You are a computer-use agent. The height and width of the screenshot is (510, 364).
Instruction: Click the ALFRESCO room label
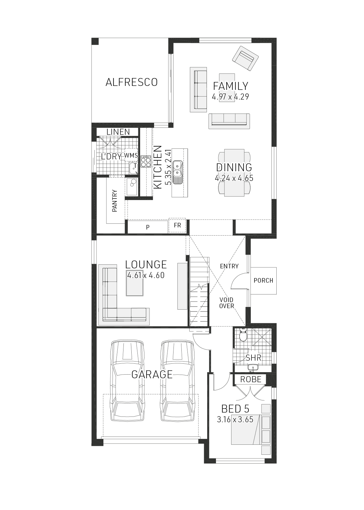pyautogui.click(x=132, y=82)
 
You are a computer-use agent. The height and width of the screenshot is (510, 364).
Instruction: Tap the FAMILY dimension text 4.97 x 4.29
pyautogui.click(x=231, y=97)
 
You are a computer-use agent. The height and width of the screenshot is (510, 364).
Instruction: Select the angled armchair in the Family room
pyautogui.click(x=245, y=58)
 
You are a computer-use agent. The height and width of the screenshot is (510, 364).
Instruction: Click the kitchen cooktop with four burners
pyautogui.click(x=146, y=161)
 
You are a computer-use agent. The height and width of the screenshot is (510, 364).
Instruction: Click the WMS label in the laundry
pyautogui.click(x=131, y=155)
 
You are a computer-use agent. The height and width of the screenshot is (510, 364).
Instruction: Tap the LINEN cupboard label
pyautogui.click(x=118, y=132)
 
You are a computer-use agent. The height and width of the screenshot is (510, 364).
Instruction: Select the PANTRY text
pyautogui.click(x=115, y=201)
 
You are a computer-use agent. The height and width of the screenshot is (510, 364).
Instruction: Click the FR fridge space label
pyautogui.click(x=177, y=225)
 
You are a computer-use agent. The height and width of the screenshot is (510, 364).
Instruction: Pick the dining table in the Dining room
pyautogui.click(x=234, y=173)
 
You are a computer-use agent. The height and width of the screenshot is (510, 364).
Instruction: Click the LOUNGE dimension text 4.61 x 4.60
pyautogui.click(x=146, y=275)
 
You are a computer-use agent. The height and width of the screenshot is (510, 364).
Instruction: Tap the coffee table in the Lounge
pyautogui.click(x=135, y=287)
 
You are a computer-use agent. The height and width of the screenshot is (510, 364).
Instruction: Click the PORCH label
pyautogui.click(x=263, y=280)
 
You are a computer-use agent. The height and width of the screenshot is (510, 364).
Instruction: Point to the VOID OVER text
pyautogui.click(x=227, y=303)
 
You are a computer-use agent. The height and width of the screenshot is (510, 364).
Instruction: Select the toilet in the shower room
pyautogui.click(x=243, y=335)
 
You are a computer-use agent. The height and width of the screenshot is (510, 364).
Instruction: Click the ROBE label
pyautogui.click(x=251, y=379)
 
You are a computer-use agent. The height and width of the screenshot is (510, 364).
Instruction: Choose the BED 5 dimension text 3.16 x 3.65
pyautogui.click(x=235, y=420)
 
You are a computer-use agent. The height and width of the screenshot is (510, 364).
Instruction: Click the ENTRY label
pyautogui.click(x=229, y=266)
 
